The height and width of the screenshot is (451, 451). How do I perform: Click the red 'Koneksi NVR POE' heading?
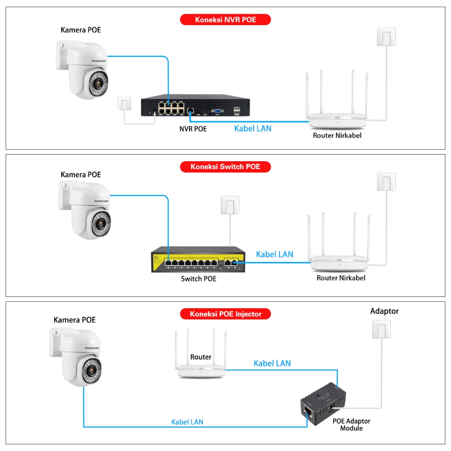[x=225, y=19]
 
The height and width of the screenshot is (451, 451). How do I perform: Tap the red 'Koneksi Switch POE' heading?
[x=225, y=166]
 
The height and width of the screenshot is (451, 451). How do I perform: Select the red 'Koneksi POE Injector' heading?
[x=225, y=314]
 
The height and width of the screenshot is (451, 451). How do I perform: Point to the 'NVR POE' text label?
[x=193, y=129]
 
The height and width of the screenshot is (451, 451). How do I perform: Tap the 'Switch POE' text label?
[x=199, y=279]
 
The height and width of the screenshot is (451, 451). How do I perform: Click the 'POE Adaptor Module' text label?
[x=351, y=425]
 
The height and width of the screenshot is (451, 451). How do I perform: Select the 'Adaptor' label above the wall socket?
[x=384, y=311]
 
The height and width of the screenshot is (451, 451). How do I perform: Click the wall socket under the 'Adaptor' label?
[x=381, y=329]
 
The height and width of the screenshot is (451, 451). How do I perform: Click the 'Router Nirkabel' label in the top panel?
[x=337, y=135]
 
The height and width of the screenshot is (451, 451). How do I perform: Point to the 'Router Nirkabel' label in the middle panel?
[x=341, y=278]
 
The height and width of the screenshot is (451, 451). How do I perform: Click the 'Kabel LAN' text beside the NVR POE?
[x=253, y=129]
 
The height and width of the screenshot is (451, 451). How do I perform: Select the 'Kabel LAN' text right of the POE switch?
[x=274, y=254]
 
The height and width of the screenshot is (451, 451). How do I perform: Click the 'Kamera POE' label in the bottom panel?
[x=74, y=320]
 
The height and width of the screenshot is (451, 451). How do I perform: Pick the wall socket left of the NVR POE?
[x=125, y=104]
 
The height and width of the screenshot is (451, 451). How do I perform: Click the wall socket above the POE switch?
[x=230, y=205]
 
